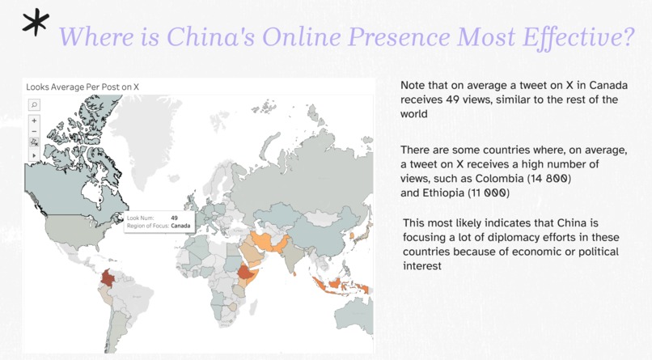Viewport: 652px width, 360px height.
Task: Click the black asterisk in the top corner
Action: pos(34,26)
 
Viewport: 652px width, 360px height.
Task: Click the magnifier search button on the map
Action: pos(34,104)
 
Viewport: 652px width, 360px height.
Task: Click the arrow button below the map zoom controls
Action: pos(34,154)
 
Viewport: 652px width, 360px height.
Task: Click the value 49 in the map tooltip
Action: pos(175,217)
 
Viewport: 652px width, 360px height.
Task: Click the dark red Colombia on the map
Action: pos(106,279)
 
